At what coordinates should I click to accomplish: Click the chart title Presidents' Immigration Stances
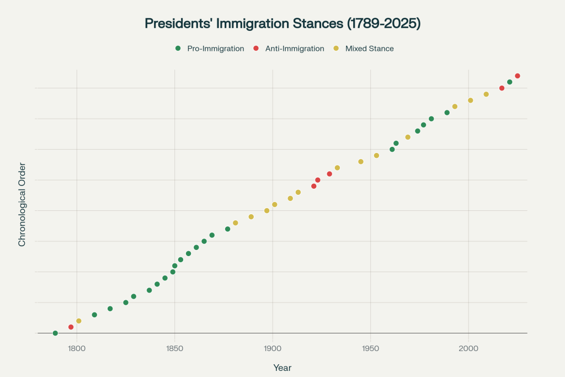pos(282,23)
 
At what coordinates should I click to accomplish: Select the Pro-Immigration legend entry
pos(210,49)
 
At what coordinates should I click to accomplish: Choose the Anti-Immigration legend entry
pos(289,49)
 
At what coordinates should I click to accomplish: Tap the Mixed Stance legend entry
pos(364,49)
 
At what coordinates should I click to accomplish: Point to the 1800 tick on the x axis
pos(77,348)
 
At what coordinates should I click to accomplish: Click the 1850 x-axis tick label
pos(174,348)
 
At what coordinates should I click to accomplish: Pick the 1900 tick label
pos(273,348)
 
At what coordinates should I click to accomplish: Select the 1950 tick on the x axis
pos(370,348)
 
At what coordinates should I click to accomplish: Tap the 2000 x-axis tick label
pos(468,348)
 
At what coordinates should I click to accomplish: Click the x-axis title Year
pos(282,368)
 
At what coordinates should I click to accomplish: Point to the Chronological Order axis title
pos(22,204)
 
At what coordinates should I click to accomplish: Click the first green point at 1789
pos(55,333)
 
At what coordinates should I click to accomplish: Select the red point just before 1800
pos(71,327)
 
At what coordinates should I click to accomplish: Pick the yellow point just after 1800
pos(79,321)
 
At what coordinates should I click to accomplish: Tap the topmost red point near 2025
pos(518,76)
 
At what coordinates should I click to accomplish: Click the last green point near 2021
pos(510,82)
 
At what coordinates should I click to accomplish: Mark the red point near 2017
pos(502,88)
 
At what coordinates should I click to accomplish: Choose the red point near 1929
pos(329,174)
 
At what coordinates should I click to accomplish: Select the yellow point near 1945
pos(361,162)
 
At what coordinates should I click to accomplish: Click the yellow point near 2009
pos(486,94)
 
